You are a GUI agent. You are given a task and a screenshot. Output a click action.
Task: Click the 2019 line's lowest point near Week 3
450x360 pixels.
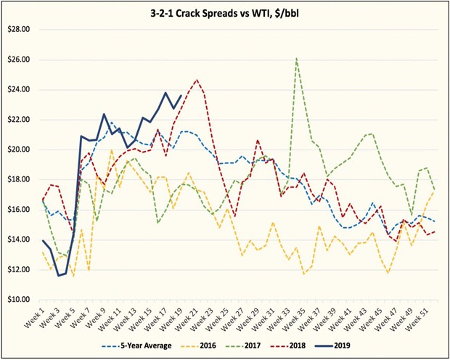click(59, 275)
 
